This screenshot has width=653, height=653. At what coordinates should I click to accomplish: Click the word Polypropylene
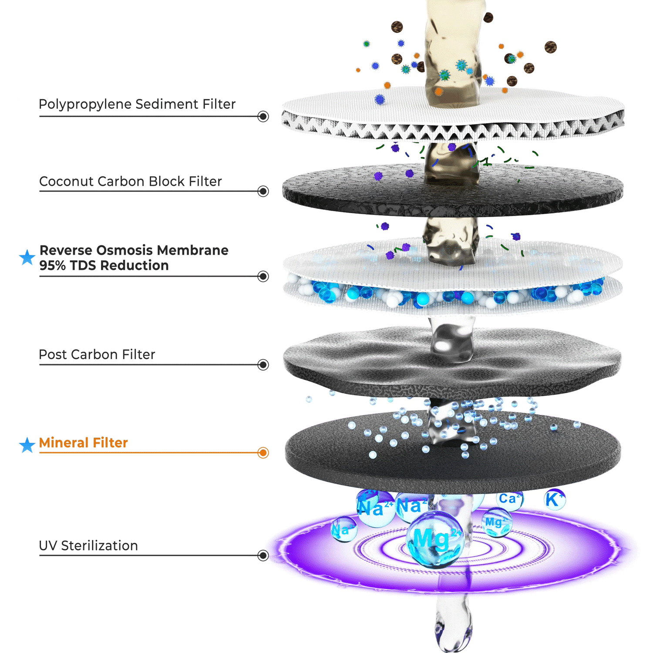point(85,104)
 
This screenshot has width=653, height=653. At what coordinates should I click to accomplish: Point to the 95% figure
point(52,266)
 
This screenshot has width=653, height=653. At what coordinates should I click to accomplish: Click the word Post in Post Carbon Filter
point(53,355)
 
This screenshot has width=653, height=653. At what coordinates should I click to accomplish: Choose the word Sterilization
point(99,546)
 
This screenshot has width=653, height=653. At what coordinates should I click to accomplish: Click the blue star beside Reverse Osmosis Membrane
point(27,257)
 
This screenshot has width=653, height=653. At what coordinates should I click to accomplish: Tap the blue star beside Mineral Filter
point(27,445)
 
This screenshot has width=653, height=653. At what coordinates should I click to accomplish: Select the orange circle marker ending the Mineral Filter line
point(263,453)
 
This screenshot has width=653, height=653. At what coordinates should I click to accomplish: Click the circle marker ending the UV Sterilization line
point(263,555)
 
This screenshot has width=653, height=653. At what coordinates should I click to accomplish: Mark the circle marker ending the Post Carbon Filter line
point(263,365)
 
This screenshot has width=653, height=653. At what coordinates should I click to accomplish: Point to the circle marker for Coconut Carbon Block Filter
point(263,191)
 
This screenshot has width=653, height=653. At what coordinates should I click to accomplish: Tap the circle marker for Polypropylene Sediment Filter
point(263,117)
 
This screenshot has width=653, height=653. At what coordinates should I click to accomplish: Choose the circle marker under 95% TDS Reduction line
point(263,276)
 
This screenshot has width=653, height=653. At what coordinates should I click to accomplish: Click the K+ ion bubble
point(554,500)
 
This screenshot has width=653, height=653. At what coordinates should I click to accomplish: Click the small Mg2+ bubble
point(496,522)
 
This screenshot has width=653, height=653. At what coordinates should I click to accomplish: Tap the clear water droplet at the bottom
point(453,627)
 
